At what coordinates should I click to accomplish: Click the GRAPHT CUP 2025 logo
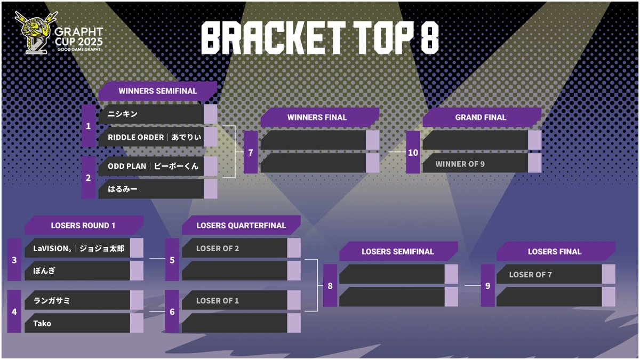tap(59, 34)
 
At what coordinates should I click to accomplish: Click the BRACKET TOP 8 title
tap(320, 38)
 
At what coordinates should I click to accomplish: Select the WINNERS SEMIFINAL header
tap(157, 91)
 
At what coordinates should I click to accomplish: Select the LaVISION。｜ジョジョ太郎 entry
tap(77, 248)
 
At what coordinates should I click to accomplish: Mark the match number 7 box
tap(251, 152)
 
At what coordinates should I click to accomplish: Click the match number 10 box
tap(413, 152)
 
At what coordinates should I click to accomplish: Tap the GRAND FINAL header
tap(481, 117)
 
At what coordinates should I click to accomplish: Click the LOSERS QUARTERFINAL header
tap(241, 225)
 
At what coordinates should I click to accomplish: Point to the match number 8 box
tap(330, 285)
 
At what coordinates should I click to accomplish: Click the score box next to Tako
tap(137, 323)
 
